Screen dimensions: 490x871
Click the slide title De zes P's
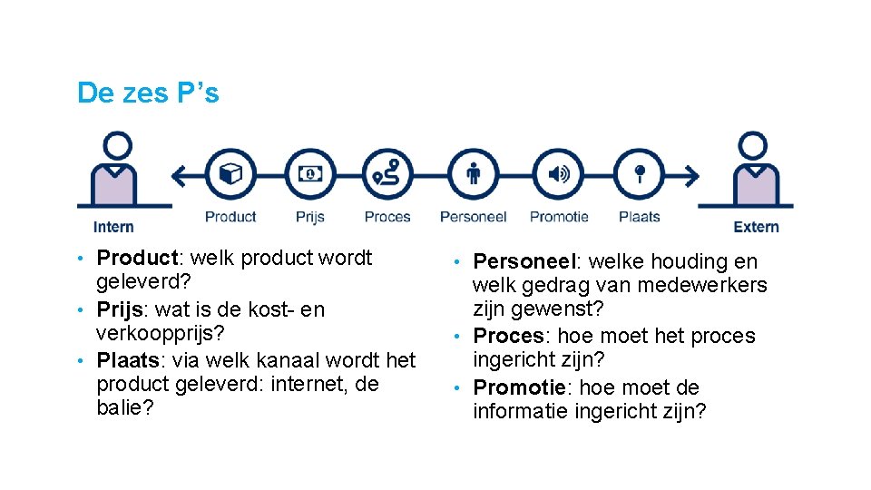click(148, 93)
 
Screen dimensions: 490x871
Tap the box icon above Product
click(230, 174)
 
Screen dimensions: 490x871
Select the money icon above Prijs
click(310, 174)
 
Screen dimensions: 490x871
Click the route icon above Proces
click(387, 174)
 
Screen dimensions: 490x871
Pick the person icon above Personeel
click(473, 174)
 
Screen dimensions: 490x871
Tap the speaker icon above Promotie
click(559, 174)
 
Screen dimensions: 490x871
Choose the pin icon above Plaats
click(640, 174)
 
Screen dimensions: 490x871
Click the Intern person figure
click(117, 172)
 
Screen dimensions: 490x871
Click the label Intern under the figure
click(113, 227)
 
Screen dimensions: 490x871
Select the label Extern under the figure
click(756, 227)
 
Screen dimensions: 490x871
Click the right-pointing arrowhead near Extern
click(692, 174)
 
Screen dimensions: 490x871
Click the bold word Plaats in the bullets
click(127, 359)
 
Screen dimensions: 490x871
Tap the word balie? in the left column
click(125, 407)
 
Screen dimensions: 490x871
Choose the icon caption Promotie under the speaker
click(559, 217)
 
